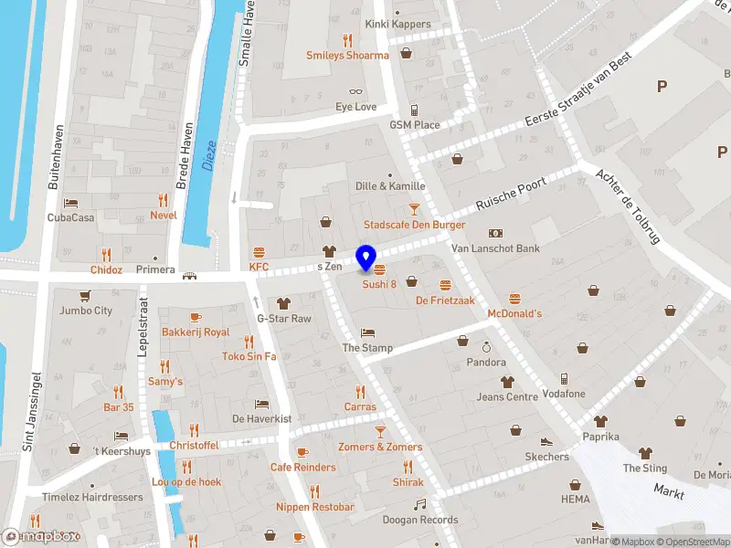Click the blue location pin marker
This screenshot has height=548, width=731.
pyautogui.click(x=366, y=258)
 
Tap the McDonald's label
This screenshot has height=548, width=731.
pyautogui.click(x=514, y=313)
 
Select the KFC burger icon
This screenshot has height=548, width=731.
pyautogui.click(x=260, y=252)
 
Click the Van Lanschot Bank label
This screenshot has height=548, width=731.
pyautogui.click(x=495, y=248)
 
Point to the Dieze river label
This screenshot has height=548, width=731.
pyautogui.click(x=209, y=156)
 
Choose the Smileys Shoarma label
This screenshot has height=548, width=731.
pyautogui.click(x=347, y=55)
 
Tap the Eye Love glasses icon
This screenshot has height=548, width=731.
pyautogui.click(x=355, y=91)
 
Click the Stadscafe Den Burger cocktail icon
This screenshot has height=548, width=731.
pyautogui.click(x=414, y=209)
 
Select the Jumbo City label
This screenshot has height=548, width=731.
pyautogui.click(x=85, y=311)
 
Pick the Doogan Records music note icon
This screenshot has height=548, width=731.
pyautogui.click(x=420, y=504)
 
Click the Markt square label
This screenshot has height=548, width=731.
pyautogui.click(x=669, y=491)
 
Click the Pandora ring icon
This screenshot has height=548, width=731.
pyautogui.click(x=487, y=347)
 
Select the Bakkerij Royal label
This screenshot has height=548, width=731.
pyautogui.click(x=196, y=332)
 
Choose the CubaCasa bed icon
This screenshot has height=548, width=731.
pyautogui.click(x=71, y=203)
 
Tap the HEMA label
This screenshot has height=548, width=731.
pyautogui.click(x=576, y=500)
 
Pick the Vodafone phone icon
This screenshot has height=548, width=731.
pyautogui.click(x=564, y=378)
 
